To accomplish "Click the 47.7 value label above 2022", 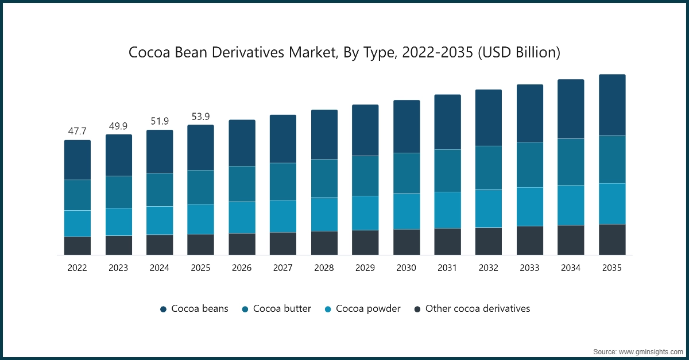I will click(x=77, y=131).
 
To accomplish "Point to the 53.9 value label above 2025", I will click(x=200, y=117).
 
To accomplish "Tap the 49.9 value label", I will click(x=118, y=126).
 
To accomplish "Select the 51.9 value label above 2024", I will click(x=160, y=121).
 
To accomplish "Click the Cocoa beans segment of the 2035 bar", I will click(x=612, y=105).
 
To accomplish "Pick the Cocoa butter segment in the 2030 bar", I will click(x=407, y=173).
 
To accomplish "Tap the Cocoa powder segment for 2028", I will click(x=324, y=214).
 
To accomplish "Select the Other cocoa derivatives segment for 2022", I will click(x=77, y=246).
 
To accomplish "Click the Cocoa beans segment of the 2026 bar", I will click(x=242, y=143).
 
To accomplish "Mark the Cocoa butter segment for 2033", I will click(x=530, y=165).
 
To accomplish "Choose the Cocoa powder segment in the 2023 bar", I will click(x=118, y=222).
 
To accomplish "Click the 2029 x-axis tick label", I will click(x=365, y=268).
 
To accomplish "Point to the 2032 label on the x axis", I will click(x=489, y=268).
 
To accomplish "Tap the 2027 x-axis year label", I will click(x=283, y=268).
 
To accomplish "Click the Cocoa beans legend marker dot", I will click(x=163, y=309).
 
